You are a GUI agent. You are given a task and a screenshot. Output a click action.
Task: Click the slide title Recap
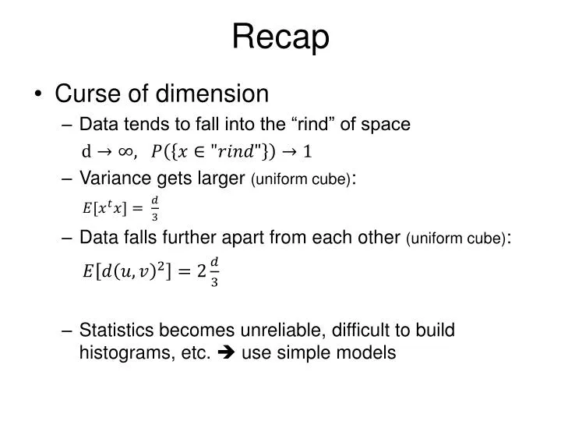[280, 37]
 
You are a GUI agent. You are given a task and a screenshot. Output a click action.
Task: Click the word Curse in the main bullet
[86, 94]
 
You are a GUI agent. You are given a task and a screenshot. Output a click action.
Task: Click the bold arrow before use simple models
[228, 352]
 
